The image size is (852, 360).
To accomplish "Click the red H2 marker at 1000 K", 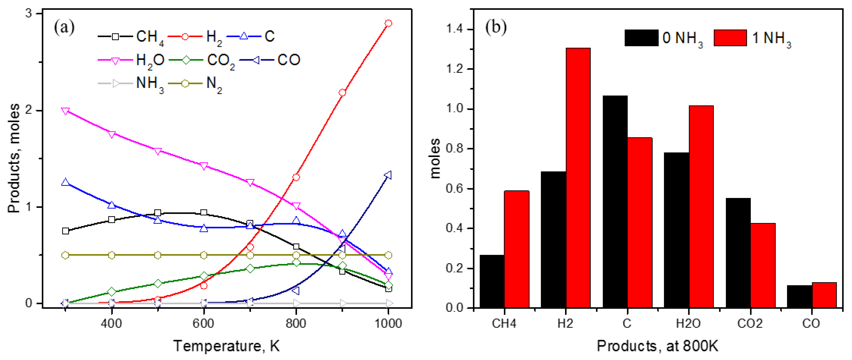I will click(388, 23).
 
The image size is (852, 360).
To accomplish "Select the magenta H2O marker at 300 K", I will click(65, 111).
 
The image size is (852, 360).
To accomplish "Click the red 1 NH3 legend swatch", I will click(730, 38).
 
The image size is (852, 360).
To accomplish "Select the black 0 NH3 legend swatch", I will click(641, 38).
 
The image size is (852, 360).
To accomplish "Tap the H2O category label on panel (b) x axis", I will click(688, 323).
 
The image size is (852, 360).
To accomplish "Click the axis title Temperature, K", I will click(227, 346).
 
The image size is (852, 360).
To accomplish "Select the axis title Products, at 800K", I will click(657, 346).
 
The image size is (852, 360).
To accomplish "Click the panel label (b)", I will click(496, 27).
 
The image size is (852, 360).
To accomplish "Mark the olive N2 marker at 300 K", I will click(65, 255).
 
